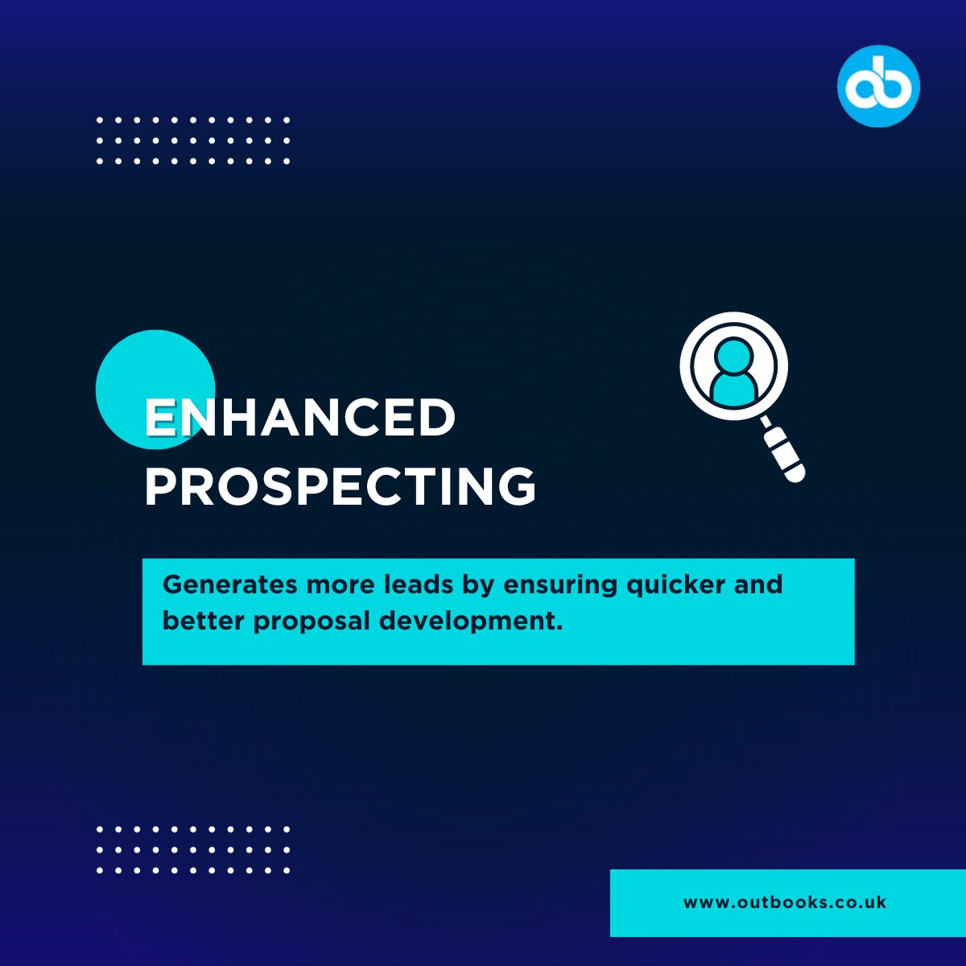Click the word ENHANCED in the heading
(x=299, y=419)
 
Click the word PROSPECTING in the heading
(x=340, y=486)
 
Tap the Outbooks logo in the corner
(x=878, y=85)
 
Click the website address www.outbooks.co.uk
(x=785, y=902)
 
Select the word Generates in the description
(x=230, y=584)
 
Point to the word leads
(x=419, y=584)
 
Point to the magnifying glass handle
(x=782, y=452)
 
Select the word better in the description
(x=204, y=621)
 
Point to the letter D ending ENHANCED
(x=435, y=419)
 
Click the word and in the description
(x=758, y=584)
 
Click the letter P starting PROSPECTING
(x=161, y=486)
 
